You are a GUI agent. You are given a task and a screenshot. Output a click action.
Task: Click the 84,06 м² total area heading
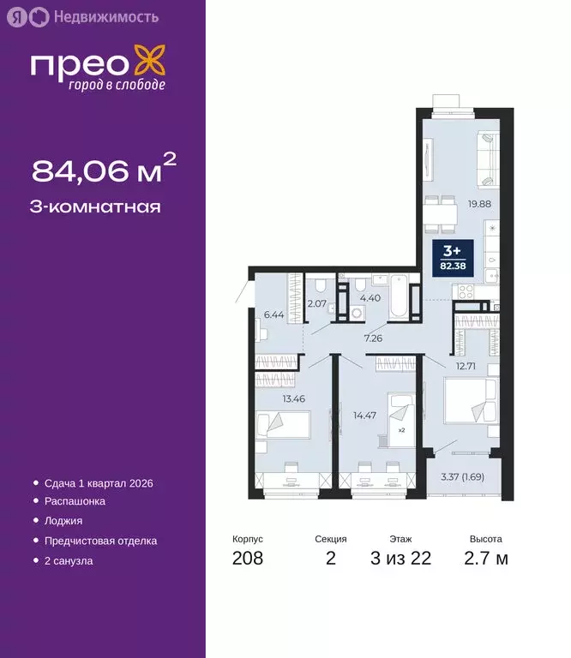coord(104,170)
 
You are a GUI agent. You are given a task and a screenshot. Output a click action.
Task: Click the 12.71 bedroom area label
coord(466,366)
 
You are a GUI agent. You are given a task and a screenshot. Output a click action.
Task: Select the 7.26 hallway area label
coord(373,338)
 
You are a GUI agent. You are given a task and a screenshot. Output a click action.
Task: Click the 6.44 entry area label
coord(273,314)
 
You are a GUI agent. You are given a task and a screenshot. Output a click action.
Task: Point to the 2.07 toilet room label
coord(316,303)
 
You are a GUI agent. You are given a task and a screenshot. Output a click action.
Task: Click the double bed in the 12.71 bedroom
coord(467,401)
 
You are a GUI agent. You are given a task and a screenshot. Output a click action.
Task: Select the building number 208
coord(247,559)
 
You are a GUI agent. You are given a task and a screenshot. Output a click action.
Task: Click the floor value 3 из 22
coord(400,559)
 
